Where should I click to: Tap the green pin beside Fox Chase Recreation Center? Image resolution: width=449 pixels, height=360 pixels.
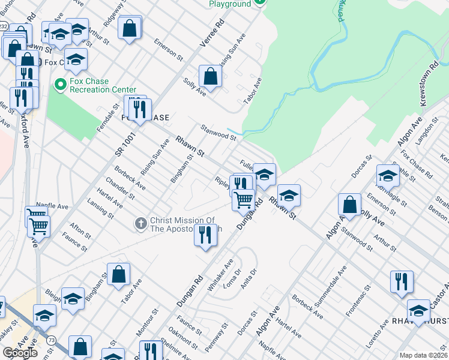[x=59, y=85]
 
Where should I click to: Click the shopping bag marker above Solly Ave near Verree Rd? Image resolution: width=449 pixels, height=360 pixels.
[x=211, y=76]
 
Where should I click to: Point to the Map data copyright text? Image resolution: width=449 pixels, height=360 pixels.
[x=423, y=355]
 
